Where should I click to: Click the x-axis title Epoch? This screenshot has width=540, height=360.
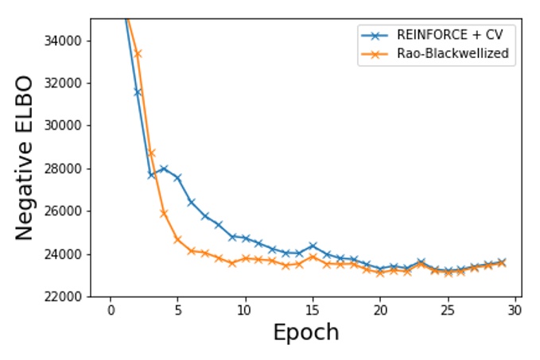[305, 332]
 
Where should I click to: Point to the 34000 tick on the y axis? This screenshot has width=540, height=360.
[68, 41]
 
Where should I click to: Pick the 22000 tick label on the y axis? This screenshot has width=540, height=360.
[68, 297]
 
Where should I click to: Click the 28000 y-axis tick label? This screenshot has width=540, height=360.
[68, 168]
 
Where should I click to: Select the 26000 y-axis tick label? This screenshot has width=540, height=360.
[68, 211]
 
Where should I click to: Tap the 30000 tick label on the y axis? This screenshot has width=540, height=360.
[68, 126]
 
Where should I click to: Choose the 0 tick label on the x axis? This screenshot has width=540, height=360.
[111, 309]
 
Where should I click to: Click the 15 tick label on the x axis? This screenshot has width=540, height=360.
[313, 309]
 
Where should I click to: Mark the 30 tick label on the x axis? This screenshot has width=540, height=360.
[515, 309]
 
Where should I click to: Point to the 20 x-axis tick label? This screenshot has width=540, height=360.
[380, 309]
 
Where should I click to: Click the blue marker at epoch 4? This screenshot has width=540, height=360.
[164, 168]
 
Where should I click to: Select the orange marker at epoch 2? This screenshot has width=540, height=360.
[138, 53]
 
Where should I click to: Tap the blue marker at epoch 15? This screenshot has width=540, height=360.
[313, 246]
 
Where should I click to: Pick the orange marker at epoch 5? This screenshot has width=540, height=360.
[177, 239]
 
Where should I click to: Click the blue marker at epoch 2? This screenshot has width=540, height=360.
[138, 92]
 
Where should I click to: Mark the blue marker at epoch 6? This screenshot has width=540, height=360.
[191, 202]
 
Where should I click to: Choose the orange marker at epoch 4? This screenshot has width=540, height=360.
[164, 213]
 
